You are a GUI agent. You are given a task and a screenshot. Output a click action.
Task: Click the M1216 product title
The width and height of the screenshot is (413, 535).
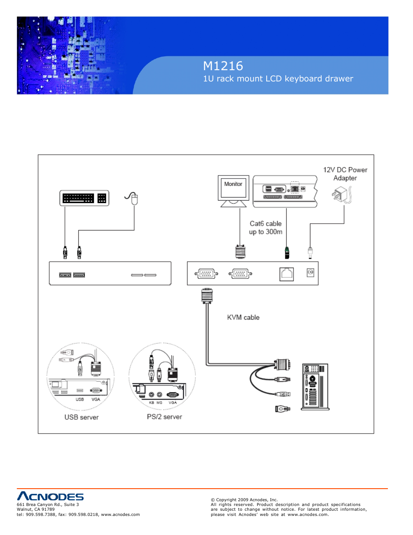tap(223, 66)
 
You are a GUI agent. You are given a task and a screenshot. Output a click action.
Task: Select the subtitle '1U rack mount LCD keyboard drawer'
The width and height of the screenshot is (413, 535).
tap(278, 79)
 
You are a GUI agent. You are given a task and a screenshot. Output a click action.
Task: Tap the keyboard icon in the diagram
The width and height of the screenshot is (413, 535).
tap(84, 198)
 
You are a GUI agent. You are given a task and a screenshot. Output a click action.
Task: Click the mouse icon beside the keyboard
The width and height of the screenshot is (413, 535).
tap(134, 198)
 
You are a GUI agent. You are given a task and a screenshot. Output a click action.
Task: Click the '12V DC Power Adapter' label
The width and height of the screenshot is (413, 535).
tap(345, 174)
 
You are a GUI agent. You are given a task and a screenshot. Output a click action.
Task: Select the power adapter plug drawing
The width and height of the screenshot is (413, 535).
tap(342, 195)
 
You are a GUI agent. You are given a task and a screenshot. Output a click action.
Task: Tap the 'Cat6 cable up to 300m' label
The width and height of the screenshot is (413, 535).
tap(265, 227)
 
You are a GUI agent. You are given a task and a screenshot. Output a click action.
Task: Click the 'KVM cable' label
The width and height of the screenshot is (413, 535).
tap(243, 318)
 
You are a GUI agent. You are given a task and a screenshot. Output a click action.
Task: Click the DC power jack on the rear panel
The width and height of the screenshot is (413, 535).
tap(310, 272)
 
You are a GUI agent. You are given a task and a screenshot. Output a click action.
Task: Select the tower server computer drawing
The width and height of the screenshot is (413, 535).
tap(315, 386)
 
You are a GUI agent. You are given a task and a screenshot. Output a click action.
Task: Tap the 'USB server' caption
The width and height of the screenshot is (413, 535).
tap(81, 417)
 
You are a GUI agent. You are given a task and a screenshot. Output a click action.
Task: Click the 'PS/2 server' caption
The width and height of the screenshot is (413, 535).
tap(165, 417)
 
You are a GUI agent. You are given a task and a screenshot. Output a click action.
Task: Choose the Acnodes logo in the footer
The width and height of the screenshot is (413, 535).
tap(50, 496)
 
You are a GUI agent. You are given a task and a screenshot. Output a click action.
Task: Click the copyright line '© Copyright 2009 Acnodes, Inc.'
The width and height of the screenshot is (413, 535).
tap(244, 500)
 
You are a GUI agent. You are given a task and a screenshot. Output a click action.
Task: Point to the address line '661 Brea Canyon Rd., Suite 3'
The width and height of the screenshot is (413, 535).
tap(48, 505)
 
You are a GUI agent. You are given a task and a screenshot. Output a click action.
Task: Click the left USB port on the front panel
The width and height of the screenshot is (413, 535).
tap(65, 275)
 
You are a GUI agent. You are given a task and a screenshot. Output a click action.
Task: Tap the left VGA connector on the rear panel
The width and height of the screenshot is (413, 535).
tap(206, 274)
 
